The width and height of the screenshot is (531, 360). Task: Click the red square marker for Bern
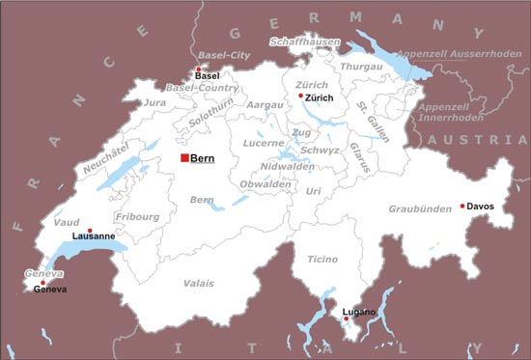click(x=184, y=157)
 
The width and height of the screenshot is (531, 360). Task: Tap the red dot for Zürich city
click(x=301, y=96)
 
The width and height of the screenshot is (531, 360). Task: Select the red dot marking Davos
click(x=463, y=206)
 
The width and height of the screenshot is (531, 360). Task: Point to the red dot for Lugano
click(x=346, y=318)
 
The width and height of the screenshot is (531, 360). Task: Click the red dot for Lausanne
click(x=90, y=230)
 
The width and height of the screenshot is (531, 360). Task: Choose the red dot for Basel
click(x=198, y=69)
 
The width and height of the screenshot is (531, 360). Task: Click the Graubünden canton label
click(x=420, y=209)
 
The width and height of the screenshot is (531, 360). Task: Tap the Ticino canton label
click(x=323, y=260)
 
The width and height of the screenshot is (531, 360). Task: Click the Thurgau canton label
click(x=362, y=66)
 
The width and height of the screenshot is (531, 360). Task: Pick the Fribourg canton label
click(x=136, y=217)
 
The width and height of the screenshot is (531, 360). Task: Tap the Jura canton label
click(x=154, y=102)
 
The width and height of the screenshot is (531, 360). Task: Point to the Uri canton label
click(x=313, y=191)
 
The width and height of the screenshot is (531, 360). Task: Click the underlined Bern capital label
click(x=203, y=157)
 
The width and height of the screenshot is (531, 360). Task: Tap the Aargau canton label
click(x=265, y=104)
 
